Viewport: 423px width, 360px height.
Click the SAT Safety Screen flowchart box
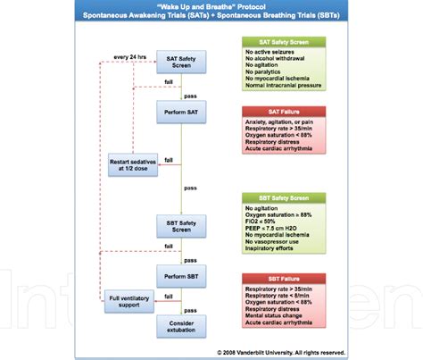pos(179,63)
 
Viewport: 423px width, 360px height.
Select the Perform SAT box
pos(179,113)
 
